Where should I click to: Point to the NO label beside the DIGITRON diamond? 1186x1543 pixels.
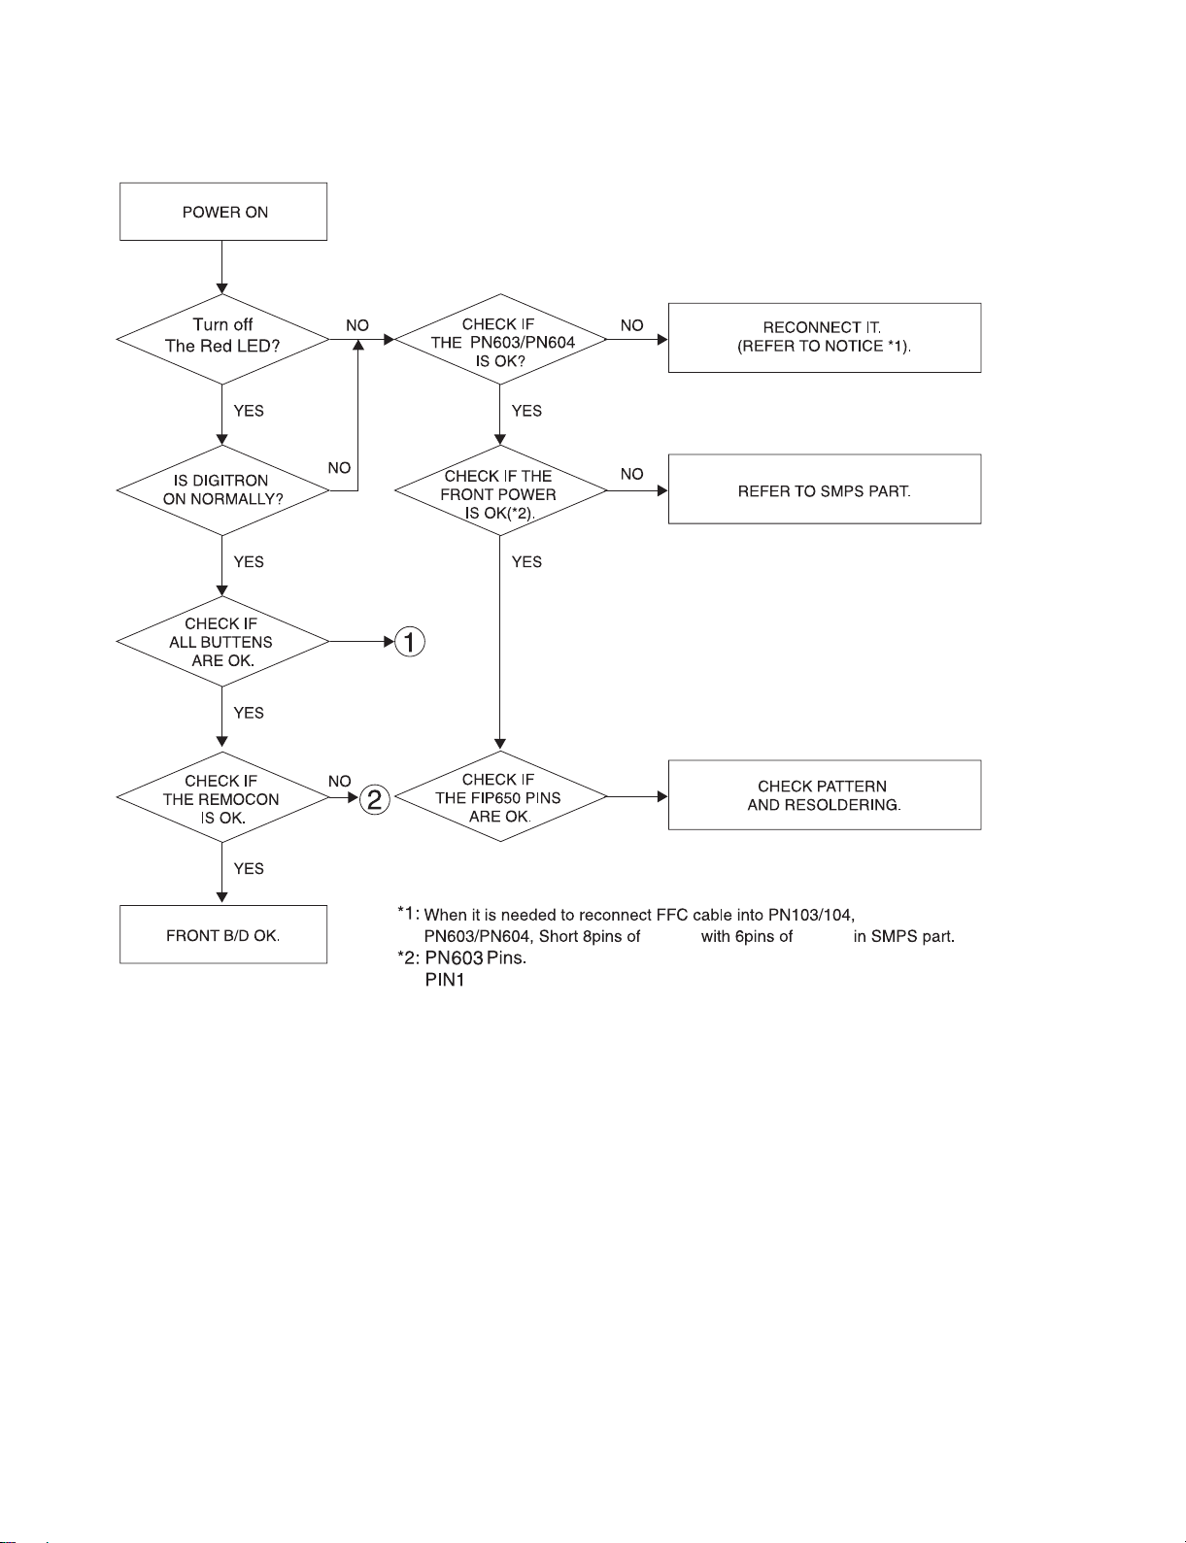point(339,468)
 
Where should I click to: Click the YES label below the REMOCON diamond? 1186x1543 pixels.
point(249,868)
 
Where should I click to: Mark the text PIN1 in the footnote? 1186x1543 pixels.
point(445,980)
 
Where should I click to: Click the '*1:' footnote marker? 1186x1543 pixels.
point(408,913)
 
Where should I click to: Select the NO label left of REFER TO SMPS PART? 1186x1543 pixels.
point(632,474)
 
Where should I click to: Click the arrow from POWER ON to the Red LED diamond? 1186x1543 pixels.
point(222,267)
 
